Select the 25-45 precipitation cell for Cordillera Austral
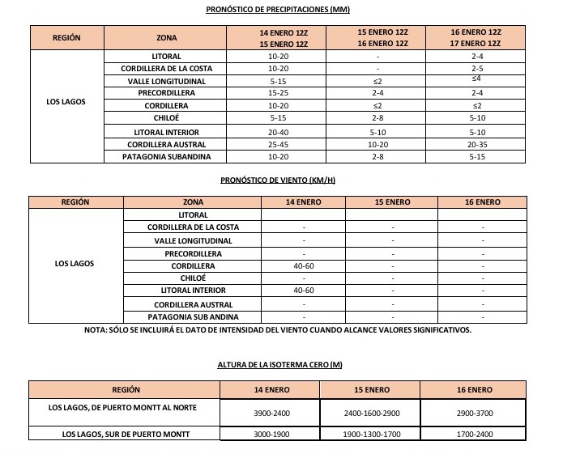(278, 144)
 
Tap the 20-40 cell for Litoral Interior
(278, 132)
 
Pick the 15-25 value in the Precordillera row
(278, 94)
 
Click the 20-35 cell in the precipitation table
(476, 144)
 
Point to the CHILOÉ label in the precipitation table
(166, 119)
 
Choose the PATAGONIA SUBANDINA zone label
(166, 156)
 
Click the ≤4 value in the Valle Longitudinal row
(476, 78)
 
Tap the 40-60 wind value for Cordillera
(303, 265)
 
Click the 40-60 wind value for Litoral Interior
(303, 290)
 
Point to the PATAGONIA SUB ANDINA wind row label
(193, 316)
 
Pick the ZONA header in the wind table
(193, 202)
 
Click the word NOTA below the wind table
(97, 330)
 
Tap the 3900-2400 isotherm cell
(271, 413)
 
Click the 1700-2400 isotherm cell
(473, 435)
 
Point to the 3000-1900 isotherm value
(271, 435)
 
